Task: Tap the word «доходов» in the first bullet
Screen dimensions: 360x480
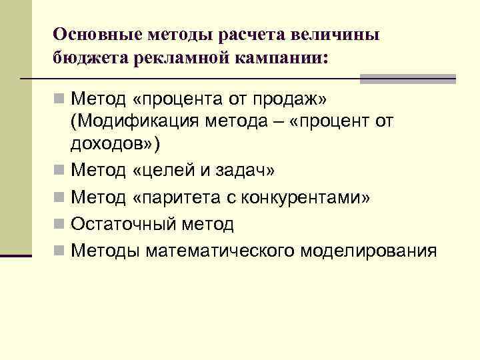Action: click(110, 144)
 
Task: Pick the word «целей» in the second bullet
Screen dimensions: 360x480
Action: click(171, 171)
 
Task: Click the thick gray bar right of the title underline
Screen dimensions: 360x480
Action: click(407, 79)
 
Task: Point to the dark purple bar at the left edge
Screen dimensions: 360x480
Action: click(16, 255)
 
